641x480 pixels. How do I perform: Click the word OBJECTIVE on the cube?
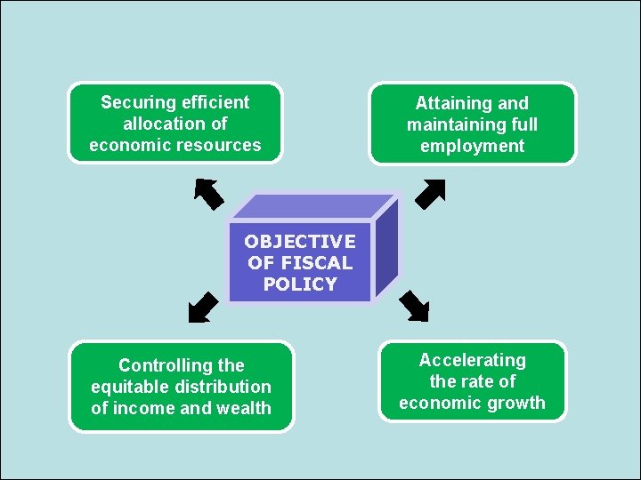(x=300, y=242)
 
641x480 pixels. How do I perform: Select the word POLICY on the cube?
(x=300, y=284)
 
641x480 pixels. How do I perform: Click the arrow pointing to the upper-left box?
(x=208, y=193)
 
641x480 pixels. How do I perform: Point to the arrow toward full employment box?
(x=431, y=193)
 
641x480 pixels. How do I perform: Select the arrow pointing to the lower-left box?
(x=203, y=306)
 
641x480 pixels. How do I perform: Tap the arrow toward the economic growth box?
(x=414, y=305)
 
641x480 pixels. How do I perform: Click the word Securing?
(x=136, y=102)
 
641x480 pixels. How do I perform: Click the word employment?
(x=473, y=146)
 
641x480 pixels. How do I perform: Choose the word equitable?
(x=130, y=387)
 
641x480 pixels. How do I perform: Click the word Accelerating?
(x=473, y=360)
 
